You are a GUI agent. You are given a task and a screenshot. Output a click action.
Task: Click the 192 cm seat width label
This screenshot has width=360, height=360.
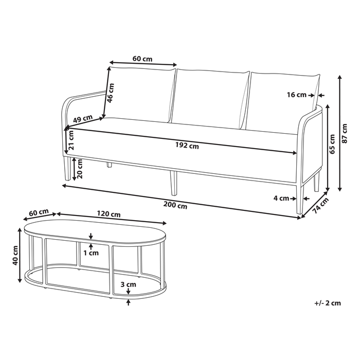click(187, 146)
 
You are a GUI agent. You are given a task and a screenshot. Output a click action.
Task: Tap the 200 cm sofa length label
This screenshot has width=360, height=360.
click(176, 206)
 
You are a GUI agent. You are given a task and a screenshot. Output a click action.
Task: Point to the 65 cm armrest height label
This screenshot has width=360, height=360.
click(332, 145)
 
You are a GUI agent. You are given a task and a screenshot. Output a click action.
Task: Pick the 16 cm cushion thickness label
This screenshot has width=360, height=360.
click(297, 95)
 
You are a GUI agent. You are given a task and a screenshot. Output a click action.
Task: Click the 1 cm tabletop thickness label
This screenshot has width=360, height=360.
click(93, 253)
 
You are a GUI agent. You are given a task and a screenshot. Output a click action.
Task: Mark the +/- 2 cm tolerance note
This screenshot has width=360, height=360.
click(328, 303)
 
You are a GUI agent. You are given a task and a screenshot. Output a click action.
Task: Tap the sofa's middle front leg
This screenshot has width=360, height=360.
click(173, 183)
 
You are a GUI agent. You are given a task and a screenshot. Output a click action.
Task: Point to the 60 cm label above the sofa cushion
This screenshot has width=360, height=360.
click(142, 59)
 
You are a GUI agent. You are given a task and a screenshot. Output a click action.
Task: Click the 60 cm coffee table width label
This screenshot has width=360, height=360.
click(39, 212)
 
